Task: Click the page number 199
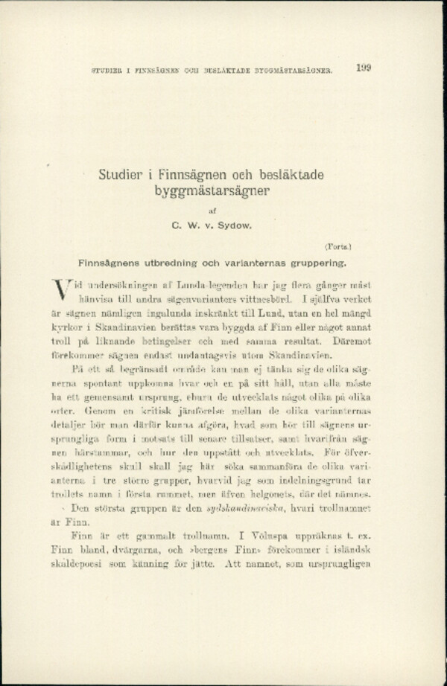click(364, 68)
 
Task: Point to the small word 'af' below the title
click(212, 210)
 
